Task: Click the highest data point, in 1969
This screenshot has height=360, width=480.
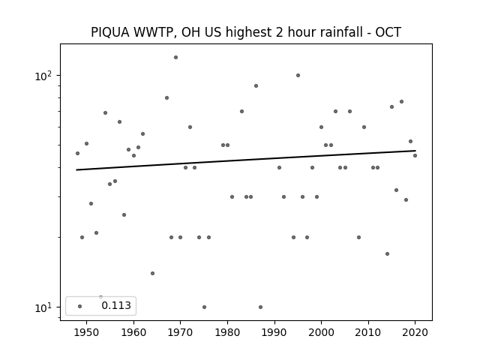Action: click(175, 57)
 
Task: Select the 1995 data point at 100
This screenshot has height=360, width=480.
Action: click(298, 75)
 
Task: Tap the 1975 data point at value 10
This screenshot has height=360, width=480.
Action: click(204, 307)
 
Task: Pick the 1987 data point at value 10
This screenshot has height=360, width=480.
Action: click(260, 307)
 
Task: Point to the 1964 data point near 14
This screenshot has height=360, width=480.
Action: click(152, 273)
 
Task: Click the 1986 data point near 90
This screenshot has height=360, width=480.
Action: click(256, 85)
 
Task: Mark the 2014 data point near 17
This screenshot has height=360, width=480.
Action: click(387, 253)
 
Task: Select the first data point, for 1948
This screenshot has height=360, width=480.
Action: click(77, 153)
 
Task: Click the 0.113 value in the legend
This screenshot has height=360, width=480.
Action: click(116, 305)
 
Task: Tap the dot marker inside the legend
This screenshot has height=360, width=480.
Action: click(80, 306)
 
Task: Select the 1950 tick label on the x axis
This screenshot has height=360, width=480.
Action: click(86, 332)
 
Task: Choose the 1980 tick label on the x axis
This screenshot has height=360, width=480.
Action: click(227, 332)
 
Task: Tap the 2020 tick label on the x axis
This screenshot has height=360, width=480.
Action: click(415, 332)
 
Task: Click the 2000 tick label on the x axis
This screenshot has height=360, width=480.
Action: click(321, 332)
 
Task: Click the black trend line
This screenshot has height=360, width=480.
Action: click(246, 160)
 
